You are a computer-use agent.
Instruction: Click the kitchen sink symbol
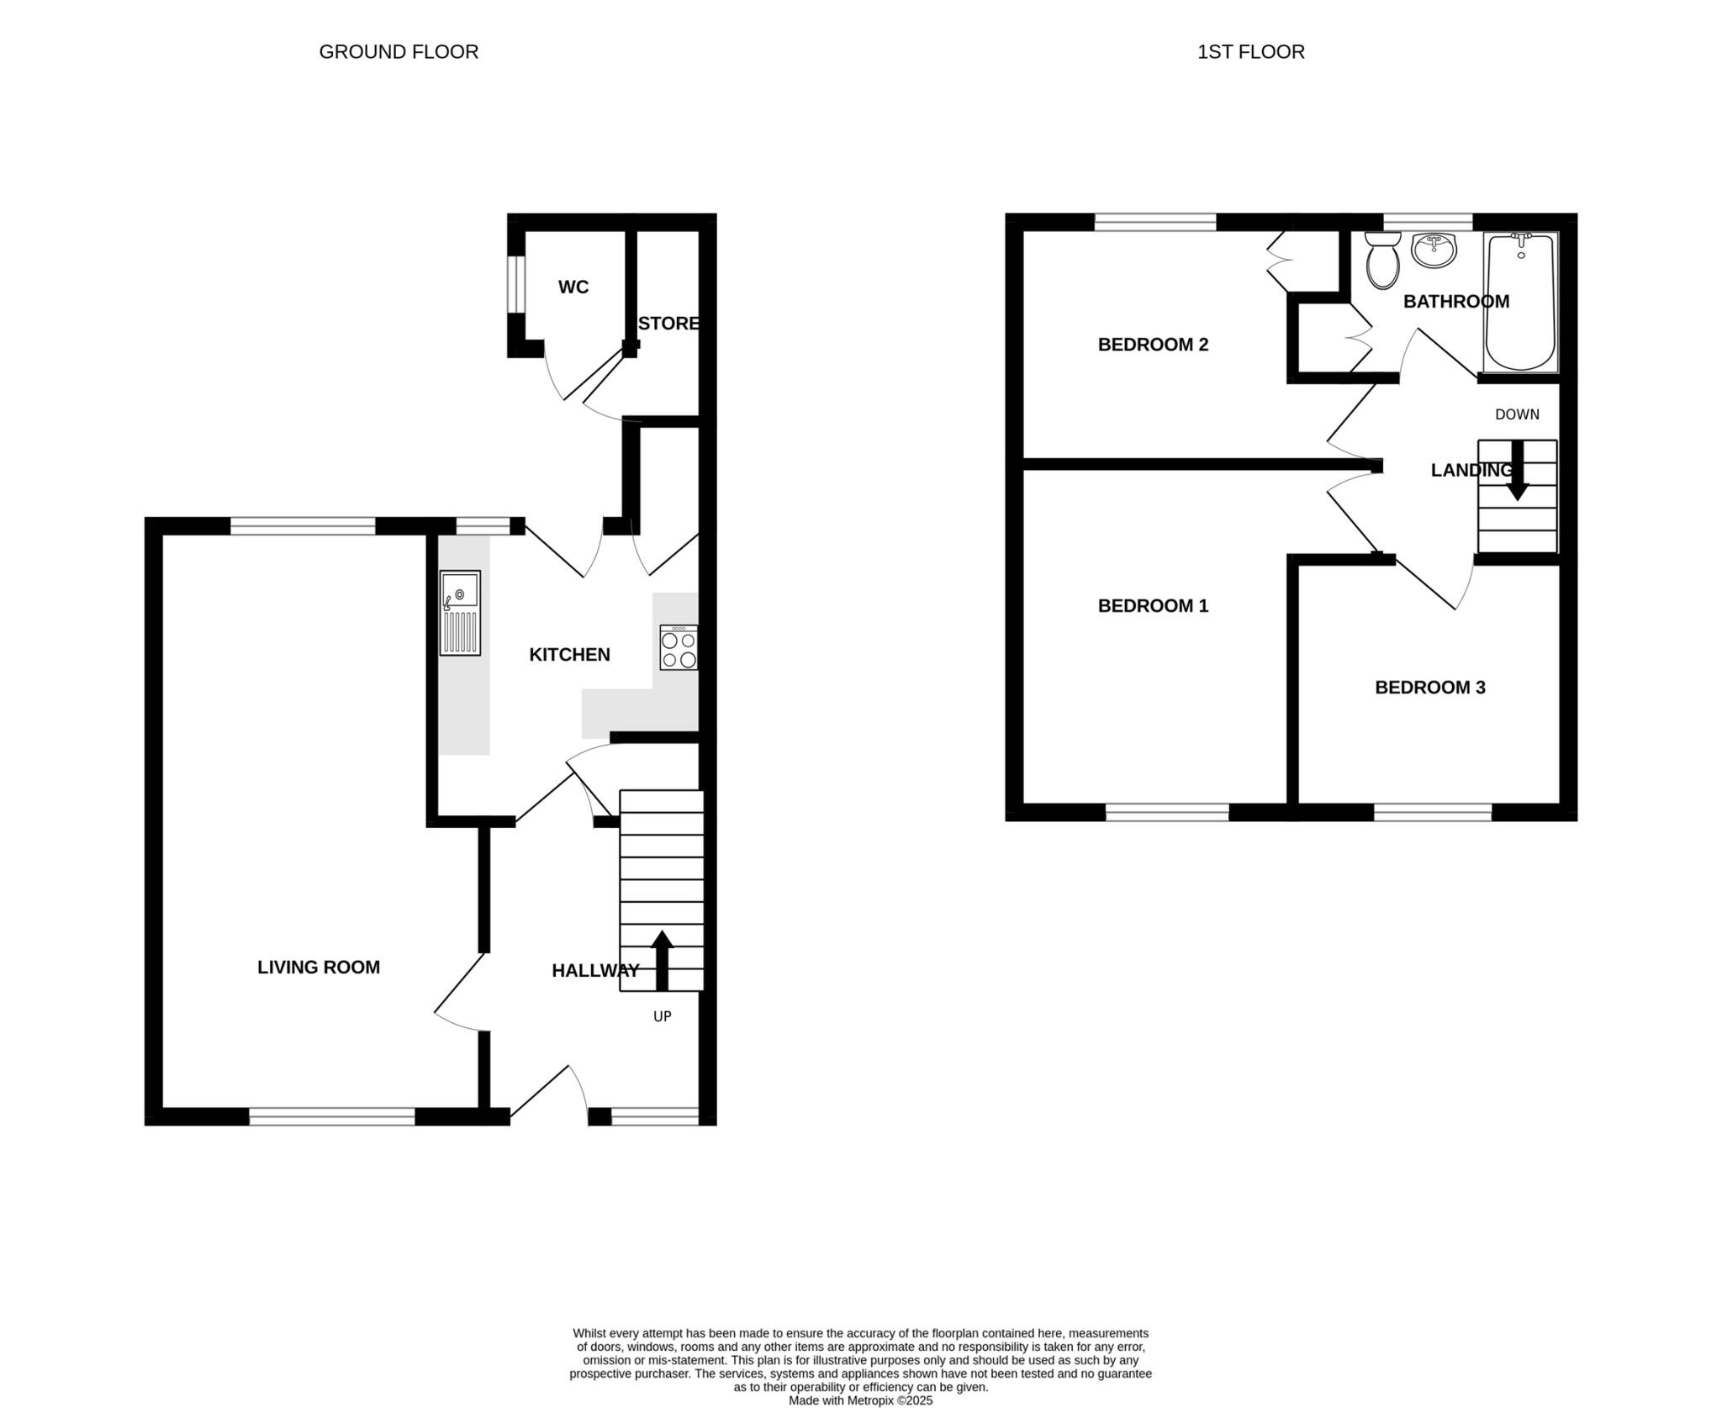click(x=460, y=613)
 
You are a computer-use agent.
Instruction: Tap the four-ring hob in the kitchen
click(x=679, y=647)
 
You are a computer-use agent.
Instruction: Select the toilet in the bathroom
click(x=1382, y=261)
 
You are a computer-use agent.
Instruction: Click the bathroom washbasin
click(x=1434, y=250)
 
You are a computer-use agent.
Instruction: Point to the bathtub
click(x=1520, y=303)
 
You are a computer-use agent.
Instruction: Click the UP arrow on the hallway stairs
click(x=663, y=959)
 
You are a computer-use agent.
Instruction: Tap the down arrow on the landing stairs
click(x=1517, y=472)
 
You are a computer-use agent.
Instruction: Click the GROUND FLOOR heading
click(x=399, y=52)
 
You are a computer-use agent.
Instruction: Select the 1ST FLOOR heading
click(x=1250, y=52)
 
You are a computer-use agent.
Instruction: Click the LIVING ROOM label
click(x=319, y=968)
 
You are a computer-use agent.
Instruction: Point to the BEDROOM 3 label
click(x=1429, y=688)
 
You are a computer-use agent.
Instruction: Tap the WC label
click(x=573, y=287)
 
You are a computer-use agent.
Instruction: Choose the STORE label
click(x=668, y=324)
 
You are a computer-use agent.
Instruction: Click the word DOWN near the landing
click(x=1517, y=414)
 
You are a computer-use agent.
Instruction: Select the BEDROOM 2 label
click(x=1153, y=345)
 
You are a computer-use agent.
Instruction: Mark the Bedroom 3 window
click(x=1433, y=812)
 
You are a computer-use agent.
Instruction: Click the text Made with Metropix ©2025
click(x=860, y=1400)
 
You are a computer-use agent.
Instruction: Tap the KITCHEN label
click(x=569, y=655)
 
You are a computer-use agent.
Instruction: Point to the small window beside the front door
click(x=654, y=1116)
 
